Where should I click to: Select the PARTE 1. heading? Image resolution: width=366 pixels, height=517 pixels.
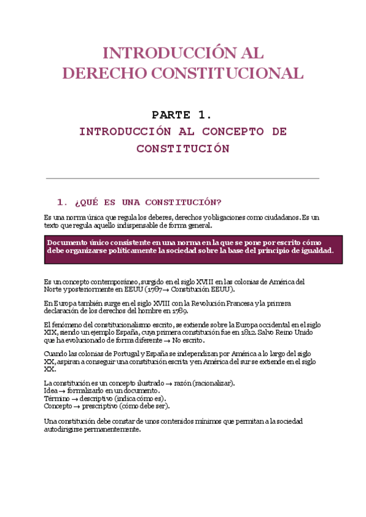[x=182, y=115]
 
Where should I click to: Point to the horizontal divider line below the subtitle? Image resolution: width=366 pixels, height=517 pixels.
[x=182, y=178]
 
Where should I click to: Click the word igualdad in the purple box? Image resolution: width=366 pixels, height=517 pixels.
[x=313, y=251]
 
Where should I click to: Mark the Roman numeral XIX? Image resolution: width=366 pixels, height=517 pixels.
[x=51, y=333]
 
